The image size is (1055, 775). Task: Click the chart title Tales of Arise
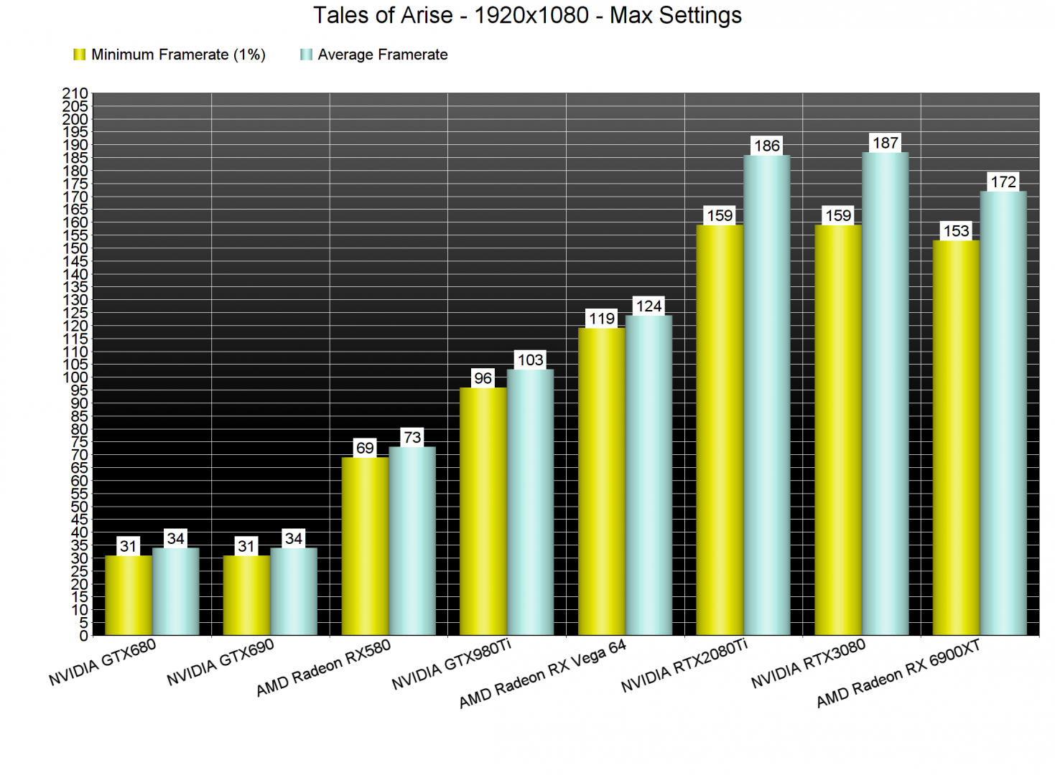[527, 16]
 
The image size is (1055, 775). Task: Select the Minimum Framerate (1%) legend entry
[169, 55]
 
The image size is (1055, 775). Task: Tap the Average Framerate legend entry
[374, 55]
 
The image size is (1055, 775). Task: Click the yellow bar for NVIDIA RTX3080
[837, 431]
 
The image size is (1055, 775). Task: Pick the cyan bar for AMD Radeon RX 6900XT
[1003, 413]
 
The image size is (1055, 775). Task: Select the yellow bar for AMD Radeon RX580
[365, 546]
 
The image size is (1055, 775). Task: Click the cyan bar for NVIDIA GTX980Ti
[530, 502]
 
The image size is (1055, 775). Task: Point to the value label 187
[885, 143]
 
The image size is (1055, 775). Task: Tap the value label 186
[766, 146]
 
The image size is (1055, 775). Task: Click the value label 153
[956, 231]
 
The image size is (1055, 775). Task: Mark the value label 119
[601, 319]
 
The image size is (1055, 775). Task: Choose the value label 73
[412, 437]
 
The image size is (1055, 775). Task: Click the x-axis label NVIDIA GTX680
[102, 663]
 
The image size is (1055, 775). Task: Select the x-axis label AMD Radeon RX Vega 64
[542, 674]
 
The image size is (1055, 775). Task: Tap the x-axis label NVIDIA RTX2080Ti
[684, 667]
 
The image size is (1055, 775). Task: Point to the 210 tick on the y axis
[75, 93]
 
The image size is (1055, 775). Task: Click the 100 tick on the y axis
[75, 377]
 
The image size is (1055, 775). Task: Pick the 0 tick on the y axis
[83, 636]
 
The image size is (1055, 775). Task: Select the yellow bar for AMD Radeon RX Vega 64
[601, 482]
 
